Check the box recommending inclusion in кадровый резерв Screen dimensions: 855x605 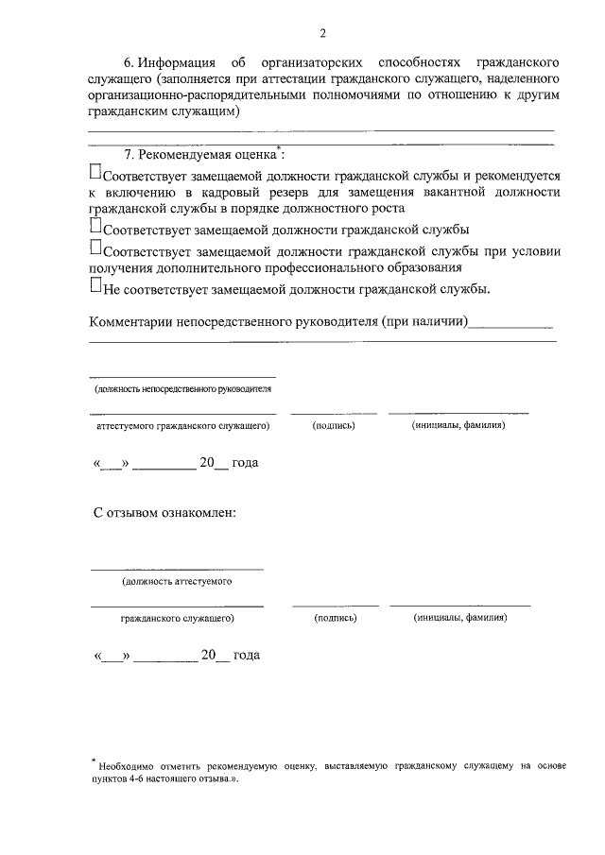pyautogui.click(x=95, y=173)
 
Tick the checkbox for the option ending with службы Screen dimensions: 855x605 pyautogui.click(x=95, y=227)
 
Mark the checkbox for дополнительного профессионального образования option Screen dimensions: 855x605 pyautogui.click(x=95, y=248)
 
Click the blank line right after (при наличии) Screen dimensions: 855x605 pyautogui.click(x=510, y=324)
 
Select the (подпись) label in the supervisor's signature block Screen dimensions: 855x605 pyautogui.click(x=333, y=426)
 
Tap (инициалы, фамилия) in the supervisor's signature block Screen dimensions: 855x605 pyautogui.click(x=458, y=426)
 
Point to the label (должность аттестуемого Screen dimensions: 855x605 pyautogui.click(x=177, y=582)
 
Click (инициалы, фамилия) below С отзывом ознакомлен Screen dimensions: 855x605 pyautogui.click(x=459, y=618)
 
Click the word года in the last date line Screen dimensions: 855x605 pyautogui.click(x=246, y=655)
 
